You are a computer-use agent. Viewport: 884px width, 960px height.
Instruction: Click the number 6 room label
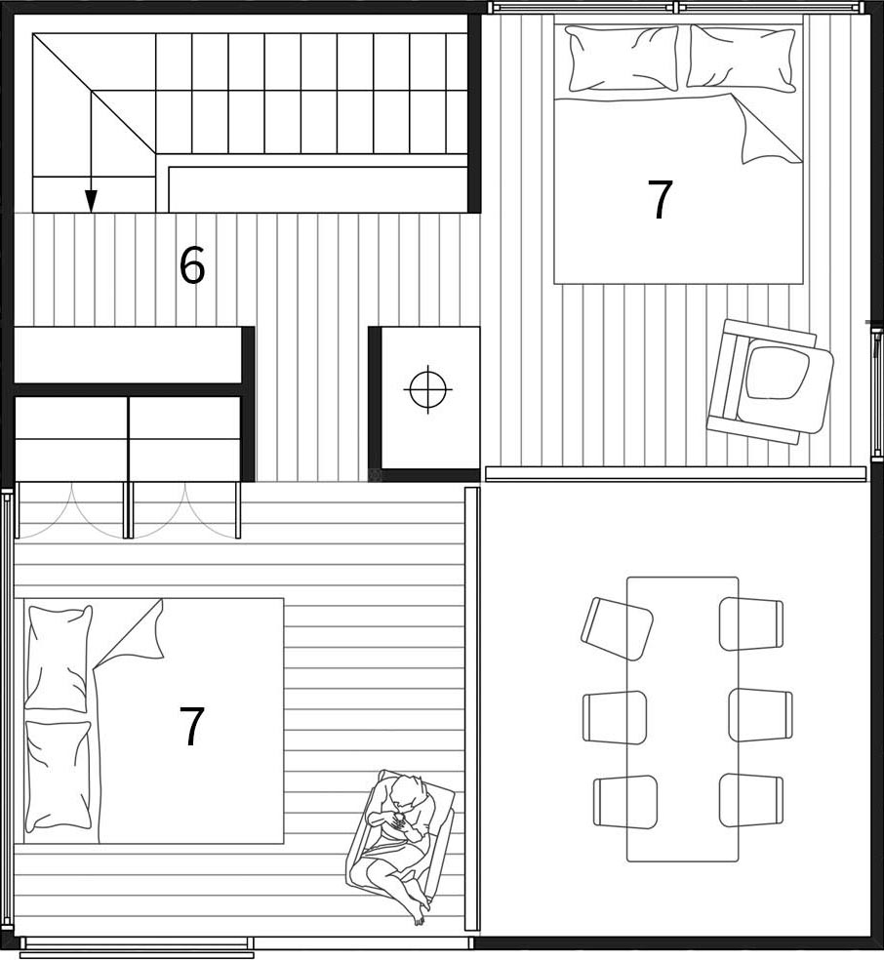point(191,265)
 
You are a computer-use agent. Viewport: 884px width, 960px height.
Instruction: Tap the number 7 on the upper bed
point(660,200)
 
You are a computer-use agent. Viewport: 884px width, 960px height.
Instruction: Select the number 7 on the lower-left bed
point(191,726)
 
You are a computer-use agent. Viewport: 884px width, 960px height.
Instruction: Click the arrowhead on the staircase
point(91,201)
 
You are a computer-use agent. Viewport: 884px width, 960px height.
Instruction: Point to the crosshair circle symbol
point(428,388)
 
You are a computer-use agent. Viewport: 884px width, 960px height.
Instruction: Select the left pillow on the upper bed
point(622,59)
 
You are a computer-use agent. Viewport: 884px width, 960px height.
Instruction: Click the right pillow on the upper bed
point(741,59)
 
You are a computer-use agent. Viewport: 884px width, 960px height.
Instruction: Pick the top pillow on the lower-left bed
point(59,659)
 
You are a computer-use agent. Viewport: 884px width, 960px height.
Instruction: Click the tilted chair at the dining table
point(617,628)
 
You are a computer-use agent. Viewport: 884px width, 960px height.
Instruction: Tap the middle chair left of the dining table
point(615,717)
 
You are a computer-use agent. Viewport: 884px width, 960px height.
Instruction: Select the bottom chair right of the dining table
point(751,801)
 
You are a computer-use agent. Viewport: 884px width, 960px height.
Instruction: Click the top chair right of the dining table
point(751,623)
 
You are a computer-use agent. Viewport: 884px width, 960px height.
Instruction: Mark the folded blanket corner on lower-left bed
point(131,634)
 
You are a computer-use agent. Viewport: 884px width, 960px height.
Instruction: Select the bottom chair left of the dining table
point(625,802)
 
